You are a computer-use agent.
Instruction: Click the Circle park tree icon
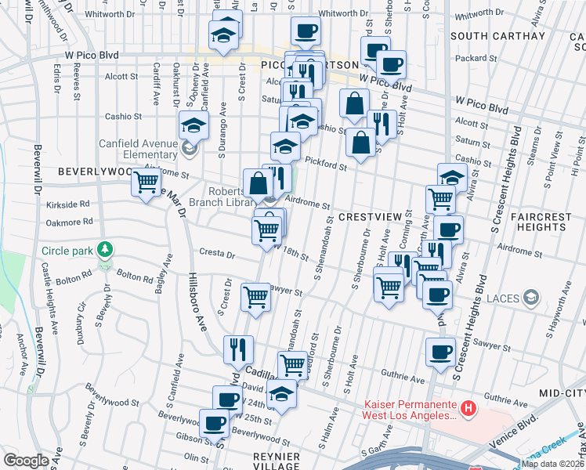pos(103,251)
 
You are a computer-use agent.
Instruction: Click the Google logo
pos(26,461)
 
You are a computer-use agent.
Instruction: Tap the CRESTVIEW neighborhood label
pos(370,215)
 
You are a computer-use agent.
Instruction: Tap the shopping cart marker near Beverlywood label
pos(146,183)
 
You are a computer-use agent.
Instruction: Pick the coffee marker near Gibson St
pos(213,423)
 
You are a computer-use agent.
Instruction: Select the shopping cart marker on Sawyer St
pos(256,297)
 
